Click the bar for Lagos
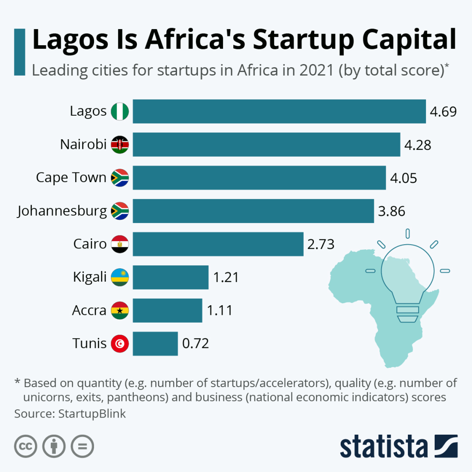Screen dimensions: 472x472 click(279, 111)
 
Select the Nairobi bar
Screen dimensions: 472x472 click(266, 144)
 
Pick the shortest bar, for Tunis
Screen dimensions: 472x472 click(155, 343)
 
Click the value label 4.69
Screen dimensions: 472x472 click(443, 112)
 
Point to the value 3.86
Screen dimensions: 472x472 click(391, 211)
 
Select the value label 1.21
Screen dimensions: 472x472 click(226, 277)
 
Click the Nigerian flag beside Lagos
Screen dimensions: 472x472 click(120, 111)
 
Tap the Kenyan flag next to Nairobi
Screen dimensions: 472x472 click(120, 144)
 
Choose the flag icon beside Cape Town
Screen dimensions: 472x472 click(120, 177)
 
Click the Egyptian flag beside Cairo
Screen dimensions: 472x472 click(120, 244)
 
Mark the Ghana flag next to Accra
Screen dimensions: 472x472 click(120, 310)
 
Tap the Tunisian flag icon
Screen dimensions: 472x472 click(120, 343)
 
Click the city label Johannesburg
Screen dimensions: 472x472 click(62, 211)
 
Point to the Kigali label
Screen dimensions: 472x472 click(89, 277)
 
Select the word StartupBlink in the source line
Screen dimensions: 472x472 click(92, 413)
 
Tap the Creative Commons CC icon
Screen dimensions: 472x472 click(26, 446)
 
